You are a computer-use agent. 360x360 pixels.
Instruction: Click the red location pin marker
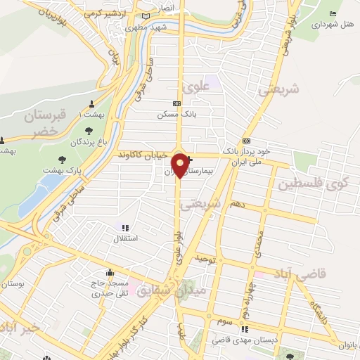[x=181, y=165]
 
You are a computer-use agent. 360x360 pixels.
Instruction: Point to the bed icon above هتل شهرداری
[x=333, y=13]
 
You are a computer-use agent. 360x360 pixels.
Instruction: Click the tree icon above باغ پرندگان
[x=89, y=130]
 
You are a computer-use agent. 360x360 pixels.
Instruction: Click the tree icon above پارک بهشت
[x=63, y=159]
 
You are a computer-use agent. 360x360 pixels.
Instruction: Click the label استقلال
[x=125, y=238]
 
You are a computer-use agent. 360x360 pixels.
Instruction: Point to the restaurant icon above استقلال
[x=125, y=228]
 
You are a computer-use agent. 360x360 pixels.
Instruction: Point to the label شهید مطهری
[x=145, y=28]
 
